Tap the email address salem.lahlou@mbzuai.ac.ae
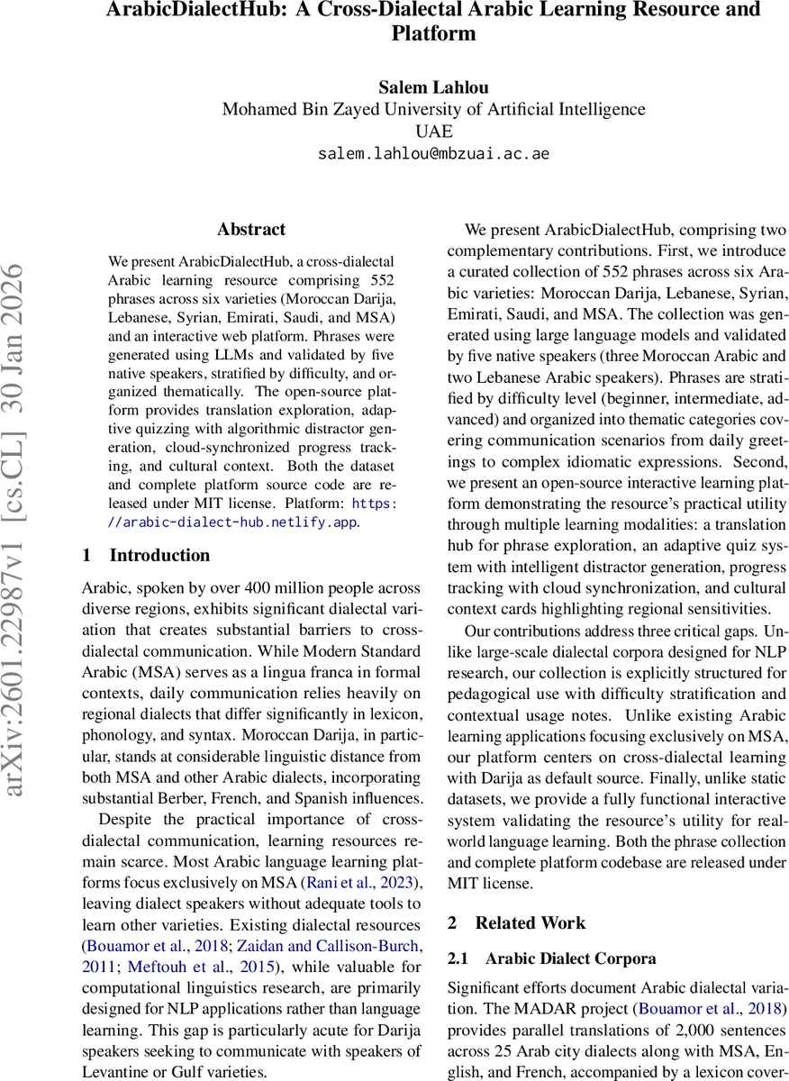(x=433, y=153)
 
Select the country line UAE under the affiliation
(x=433, y=132)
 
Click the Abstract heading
(x=251, y=230)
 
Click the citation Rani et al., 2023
(x=358, y=884)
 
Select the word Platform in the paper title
(x=433, y=34)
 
